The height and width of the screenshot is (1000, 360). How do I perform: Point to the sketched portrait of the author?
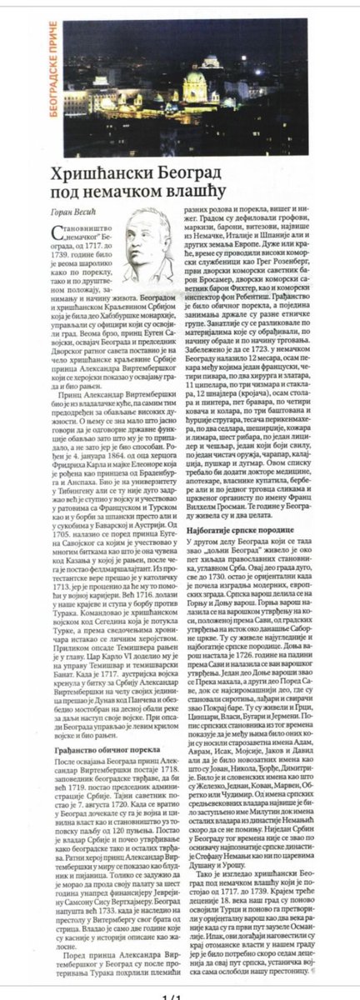pyautogui.click(x=149, y=246)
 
